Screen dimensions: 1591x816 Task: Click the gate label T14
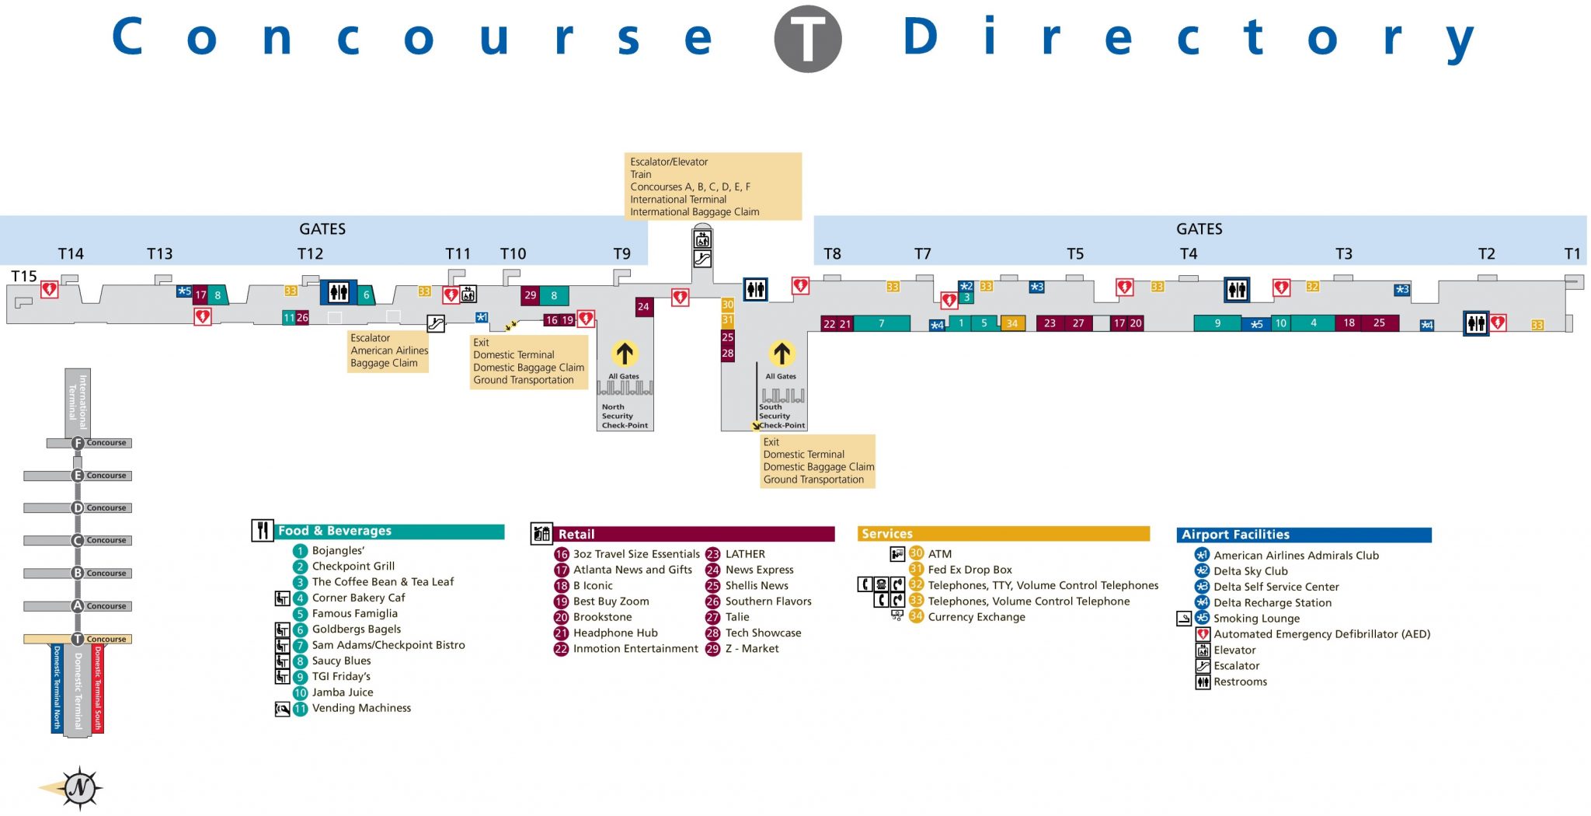tap(71, 254)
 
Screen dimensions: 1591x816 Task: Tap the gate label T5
tap(1074, 254)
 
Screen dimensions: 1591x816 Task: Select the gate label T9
tap(621, 254)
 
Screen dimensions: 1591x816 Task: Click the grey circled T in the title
tap(807, 39)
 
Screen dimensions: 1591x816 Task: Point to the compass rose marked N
tap(79, 788)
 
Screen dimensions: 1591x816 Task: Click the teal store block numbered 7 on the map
tap(881, 323)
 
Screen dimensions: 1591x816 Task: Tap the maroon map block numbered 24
tap(643, 307)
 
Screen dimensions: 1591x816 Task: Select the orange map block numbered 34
tap(1011, 323)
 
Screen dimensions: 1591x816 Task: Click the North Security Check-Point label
tap(624, 417)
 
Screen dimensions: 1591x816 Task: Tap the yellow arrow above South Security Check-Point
tap(782, 354)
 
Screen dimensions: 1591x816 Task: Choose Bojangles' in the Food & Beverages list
tap(338, 551)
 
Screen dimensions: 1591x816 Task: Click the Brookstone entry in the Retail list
tap(602, 617)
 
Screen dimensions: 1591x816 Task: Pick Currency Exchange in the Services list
tap(976, 617)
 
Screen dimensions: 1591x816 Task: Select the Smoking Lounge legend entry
tap(1256, 619)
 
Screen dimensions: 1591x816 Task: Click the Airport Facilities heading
tap(1235, 535)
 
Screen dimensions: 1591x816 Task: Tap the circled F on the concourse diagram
tap(77, 443)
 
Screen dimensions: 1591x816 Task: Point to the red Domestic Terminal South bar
tap(98, 688)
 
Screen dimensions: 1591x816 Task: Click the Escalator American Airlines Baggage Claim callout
tap(388, 350)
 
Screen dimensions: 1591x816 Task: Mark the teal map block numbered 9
tap(1217, 323)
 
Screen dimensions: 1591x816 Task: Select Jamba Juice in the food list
tap(342, 692)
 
